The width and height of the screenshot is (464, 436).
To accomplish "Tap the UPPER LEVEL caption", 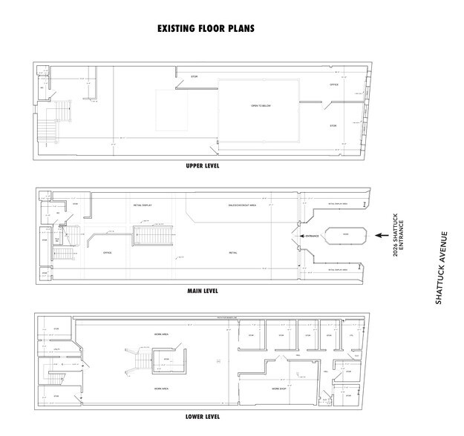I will (x=202, y=166).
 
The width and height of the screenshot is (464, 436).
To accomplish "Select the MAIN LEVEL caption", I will (x=202, y=292).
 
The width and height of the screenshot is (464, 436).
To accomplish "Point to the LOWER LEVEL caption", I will (x=202, y=418).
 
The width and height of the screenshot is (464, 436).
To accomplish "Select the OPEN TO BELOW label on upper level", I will (x=261, y=107).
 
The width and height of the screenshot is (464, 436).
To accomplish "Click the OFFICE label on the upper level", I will (x=333, y=85).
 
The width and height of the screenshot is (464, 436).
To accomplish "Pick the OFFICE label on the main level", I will (x=107, y=253).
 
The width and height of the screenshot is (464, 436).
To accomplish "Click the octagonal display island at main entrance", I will (x=344, y=236).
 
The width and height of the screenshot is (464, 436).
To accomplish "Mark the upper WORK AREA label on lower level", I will (x=163, y=333).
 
